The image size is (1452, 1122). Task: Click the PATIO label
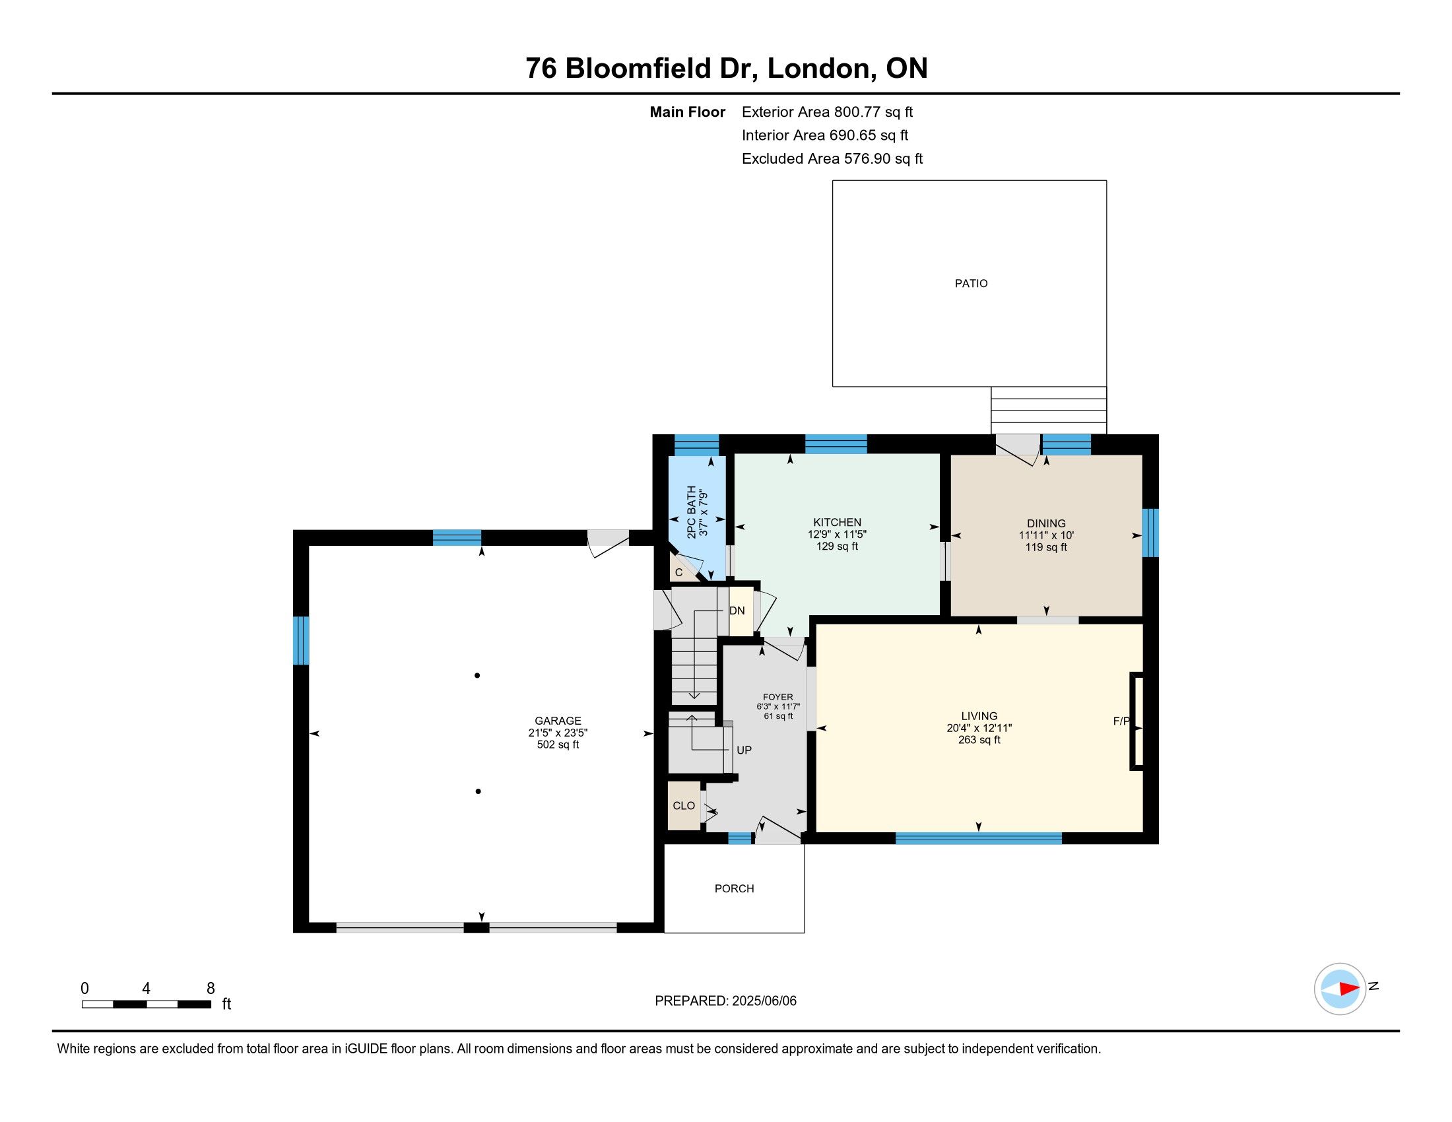tap(971, 283)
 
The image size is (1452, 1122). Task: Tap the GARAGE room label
tap(558, 721)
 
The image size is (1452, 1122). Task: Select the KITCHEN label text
tap(837, 523)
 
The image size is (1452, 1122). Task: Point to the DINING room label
tap(1046, 523)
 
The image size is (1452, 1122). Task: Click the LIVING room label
tap(979, 716)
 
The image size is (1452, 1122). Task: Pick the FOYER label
tap(778, 697)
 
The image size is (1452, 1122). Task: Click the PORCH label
tap(734, 889)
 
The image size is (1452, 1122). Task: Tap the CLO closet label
tap(684, 806)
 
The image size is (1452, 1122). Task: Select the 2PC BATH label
tap(692, 511)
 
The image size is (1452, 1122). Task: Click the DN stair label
tap(737, 611)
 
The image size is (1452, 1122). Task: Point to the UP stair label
tap(744, 750)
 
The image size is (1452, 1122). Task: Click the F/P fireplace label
tap(1121, 721)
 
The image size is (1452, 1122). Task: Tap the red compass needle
tap(1349, 989)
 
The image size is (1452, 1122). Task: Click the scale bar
tap(147, 1005)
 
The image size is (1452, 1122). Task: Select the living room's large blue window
tap(979, 838)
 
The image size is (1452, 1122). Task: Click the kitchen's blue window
tap(836, 444)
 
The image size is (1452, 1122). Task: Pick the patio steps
tap(1049, 410)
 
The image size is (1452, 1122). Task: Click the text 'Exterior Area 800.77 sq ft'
tap(827, 112)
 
